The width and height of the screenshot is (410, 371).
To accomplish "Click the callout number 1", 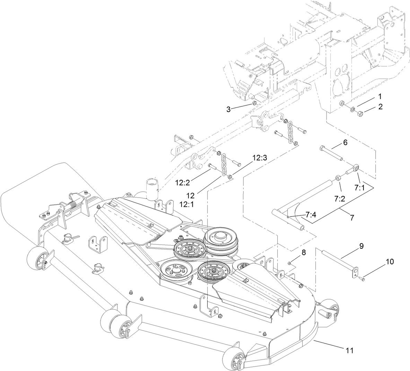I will coord(380,96).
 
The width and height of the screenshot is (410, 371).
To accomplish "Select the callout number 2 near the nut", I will coord(380,107).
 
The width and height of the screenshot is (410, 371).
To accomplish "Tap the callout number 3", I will coord(228,109).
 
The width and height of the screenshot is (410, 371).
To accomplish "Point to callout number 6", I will coord(345,142).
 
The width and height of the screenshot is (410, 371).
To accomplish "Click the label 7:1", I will coord(360,187).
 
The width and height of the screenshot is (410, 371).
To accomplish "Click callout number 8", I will coord(304,253).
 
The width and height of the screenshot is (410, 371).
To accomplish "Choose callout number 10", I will coord(380,262).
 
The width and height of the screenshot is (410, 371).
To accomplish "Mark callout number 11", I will coord(350,350).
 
